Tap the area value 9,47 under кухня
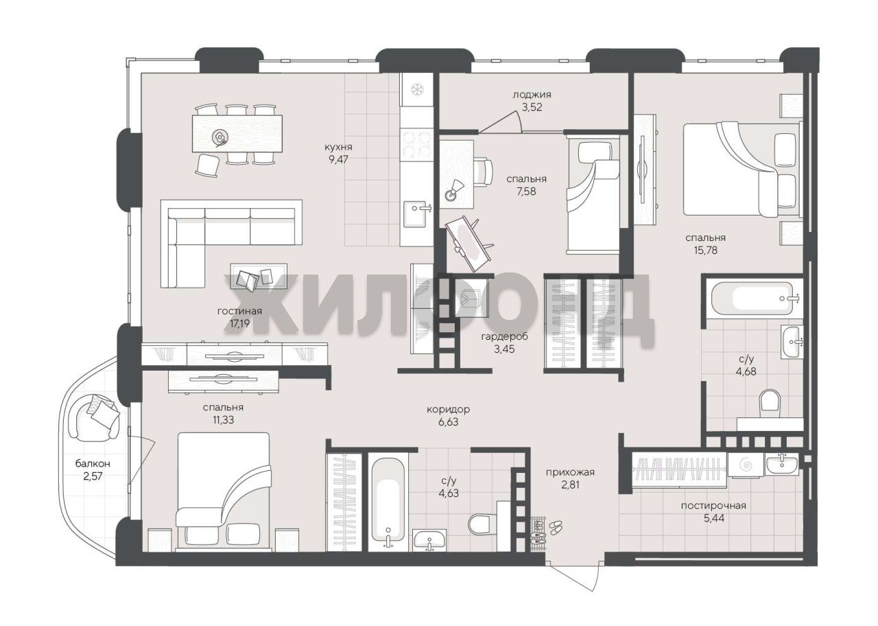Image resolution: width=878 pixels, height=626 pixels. (x=338, y=160)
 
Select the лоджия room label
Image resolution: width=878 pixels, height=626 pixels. (x=532, y=95)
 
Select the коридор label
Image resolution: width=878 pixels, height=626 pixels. (x=448, y=410)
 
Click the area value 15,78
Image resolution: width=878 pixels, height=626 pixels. (x=705, y=251)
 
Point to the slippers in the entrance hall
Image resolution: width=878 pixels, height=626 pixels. (x=555, y=527)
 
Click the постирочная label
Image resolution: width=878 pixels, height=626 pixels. (x=713, y=506)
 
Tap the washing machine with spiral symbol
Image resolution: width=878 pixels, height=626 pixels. (x=745, y=465)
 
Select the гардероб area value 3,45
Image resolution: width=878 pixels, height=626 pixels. (x=504, y=349)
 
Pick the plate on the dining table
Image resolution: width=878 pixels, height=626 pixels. (x=219, y=137)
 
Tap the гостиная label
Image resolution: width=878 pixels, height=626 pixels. (x=239, y=312)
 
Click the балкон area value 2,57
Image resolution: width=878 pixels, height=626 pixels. (x=93, y=476)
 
